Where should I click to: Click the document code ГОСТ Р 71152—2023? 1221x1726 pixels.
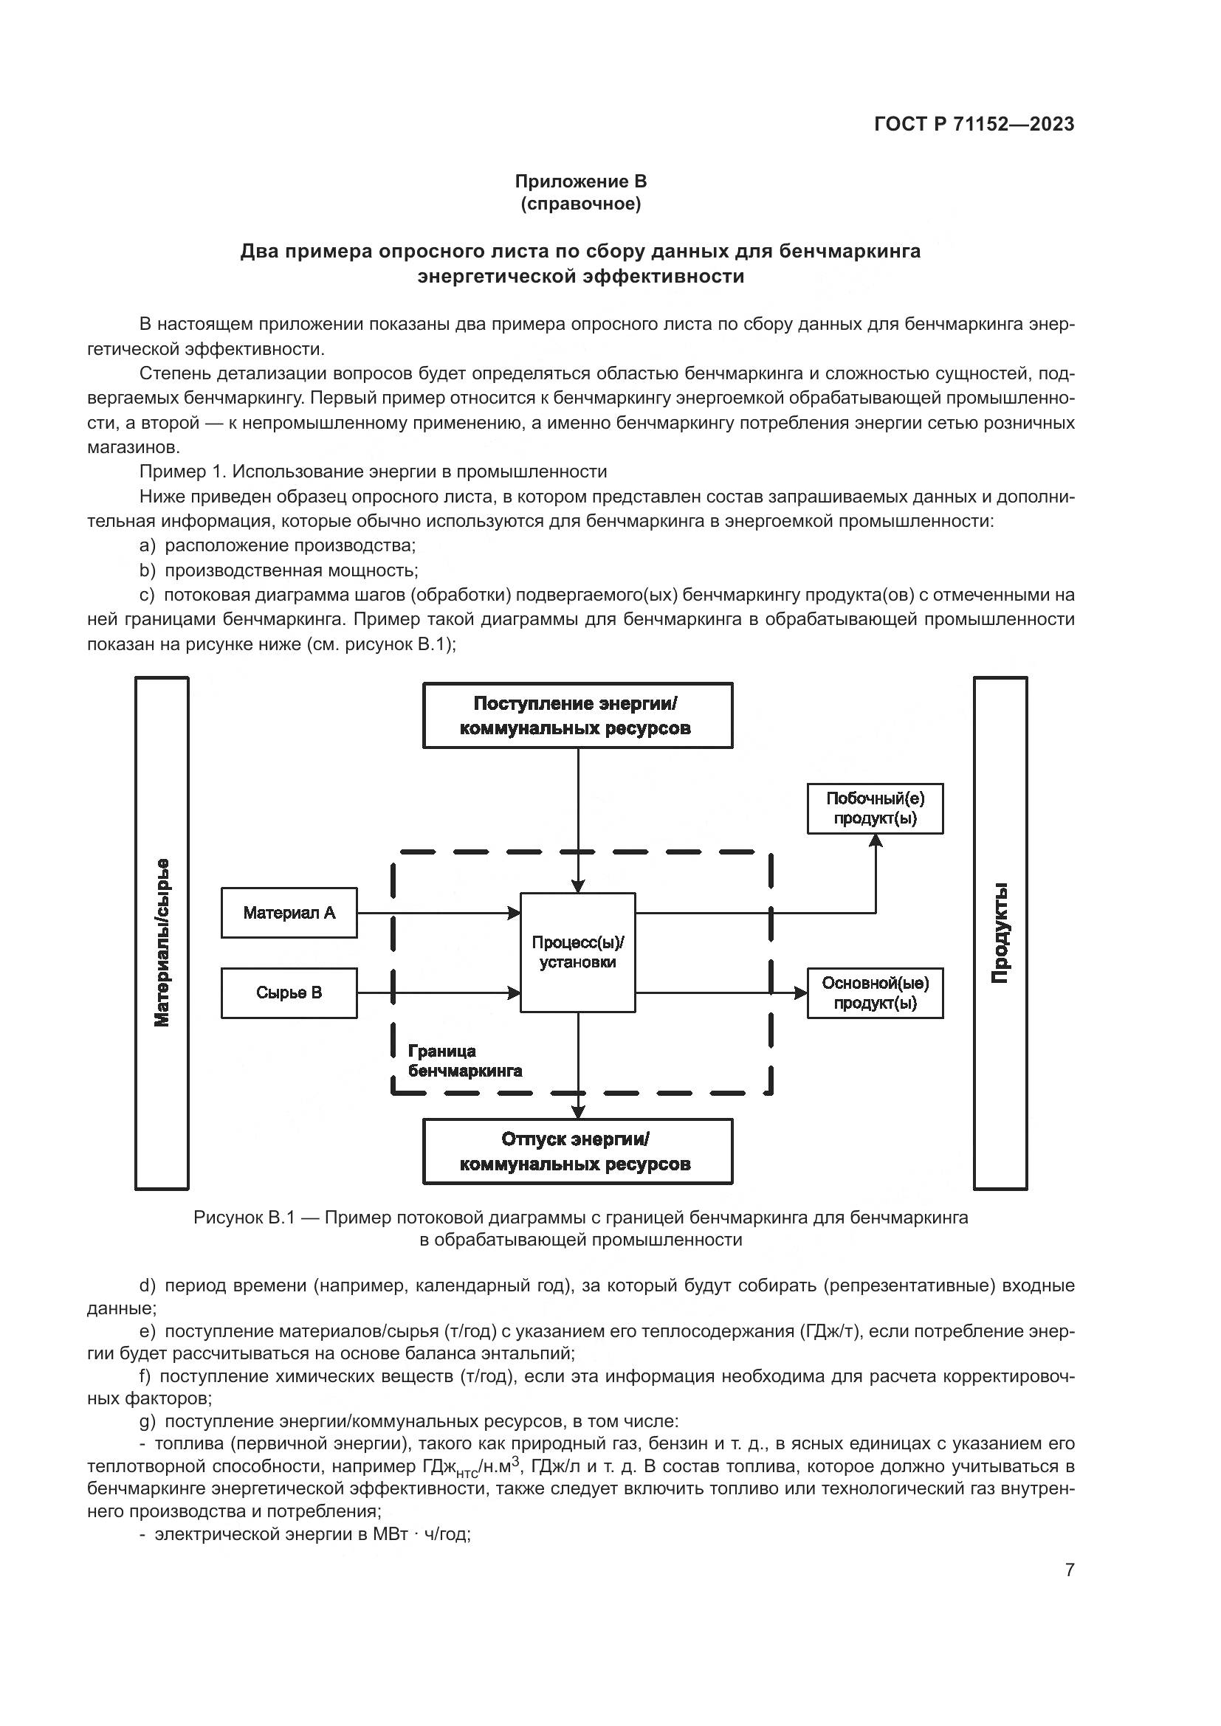click(x=974, y=125)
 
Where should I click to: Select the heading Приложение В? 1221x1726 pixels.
click(x=580, y=182)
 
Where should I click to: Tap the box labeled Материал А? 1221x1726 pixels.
click(x=289, y=914)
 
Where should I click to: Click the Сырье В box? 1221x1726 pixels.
click(x=289, y=993)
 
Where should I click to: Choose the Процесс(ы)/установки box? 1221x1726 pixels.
click(x=577, y=953)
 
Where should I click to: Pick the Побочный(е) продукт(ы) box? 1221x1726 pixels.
click(x=876, y=809)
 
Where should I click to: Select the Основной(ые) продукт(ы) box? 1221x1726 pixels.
click(x=876, y=993)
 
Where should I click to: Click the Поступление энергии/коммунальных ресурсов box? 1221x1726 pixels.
click(x=577, y=716)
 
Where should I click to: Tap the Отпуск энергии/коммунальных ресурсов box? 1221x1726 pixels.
click(x=577, y=1152)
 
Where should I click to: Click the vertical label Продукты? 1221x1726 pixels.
click(x=1000, y=933)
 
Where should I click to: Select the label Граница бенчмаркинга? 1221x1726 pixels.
click(x=464, y=1060)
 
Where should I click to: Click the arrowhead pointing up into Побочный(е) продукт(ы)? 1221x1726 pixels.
click(x=876, y=841)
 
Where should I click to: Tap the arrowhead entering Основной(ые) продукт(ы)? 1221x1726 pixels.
click(x=801, y=993)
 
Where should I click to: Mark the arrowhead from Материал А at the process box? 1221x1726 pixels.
click(x=515, y=914)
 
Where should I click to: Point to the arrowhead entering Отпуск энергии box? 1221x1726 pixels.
click(x=578, y=1112)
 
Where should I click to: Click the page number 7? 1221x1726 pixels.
click(x=1070, y=1570)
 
